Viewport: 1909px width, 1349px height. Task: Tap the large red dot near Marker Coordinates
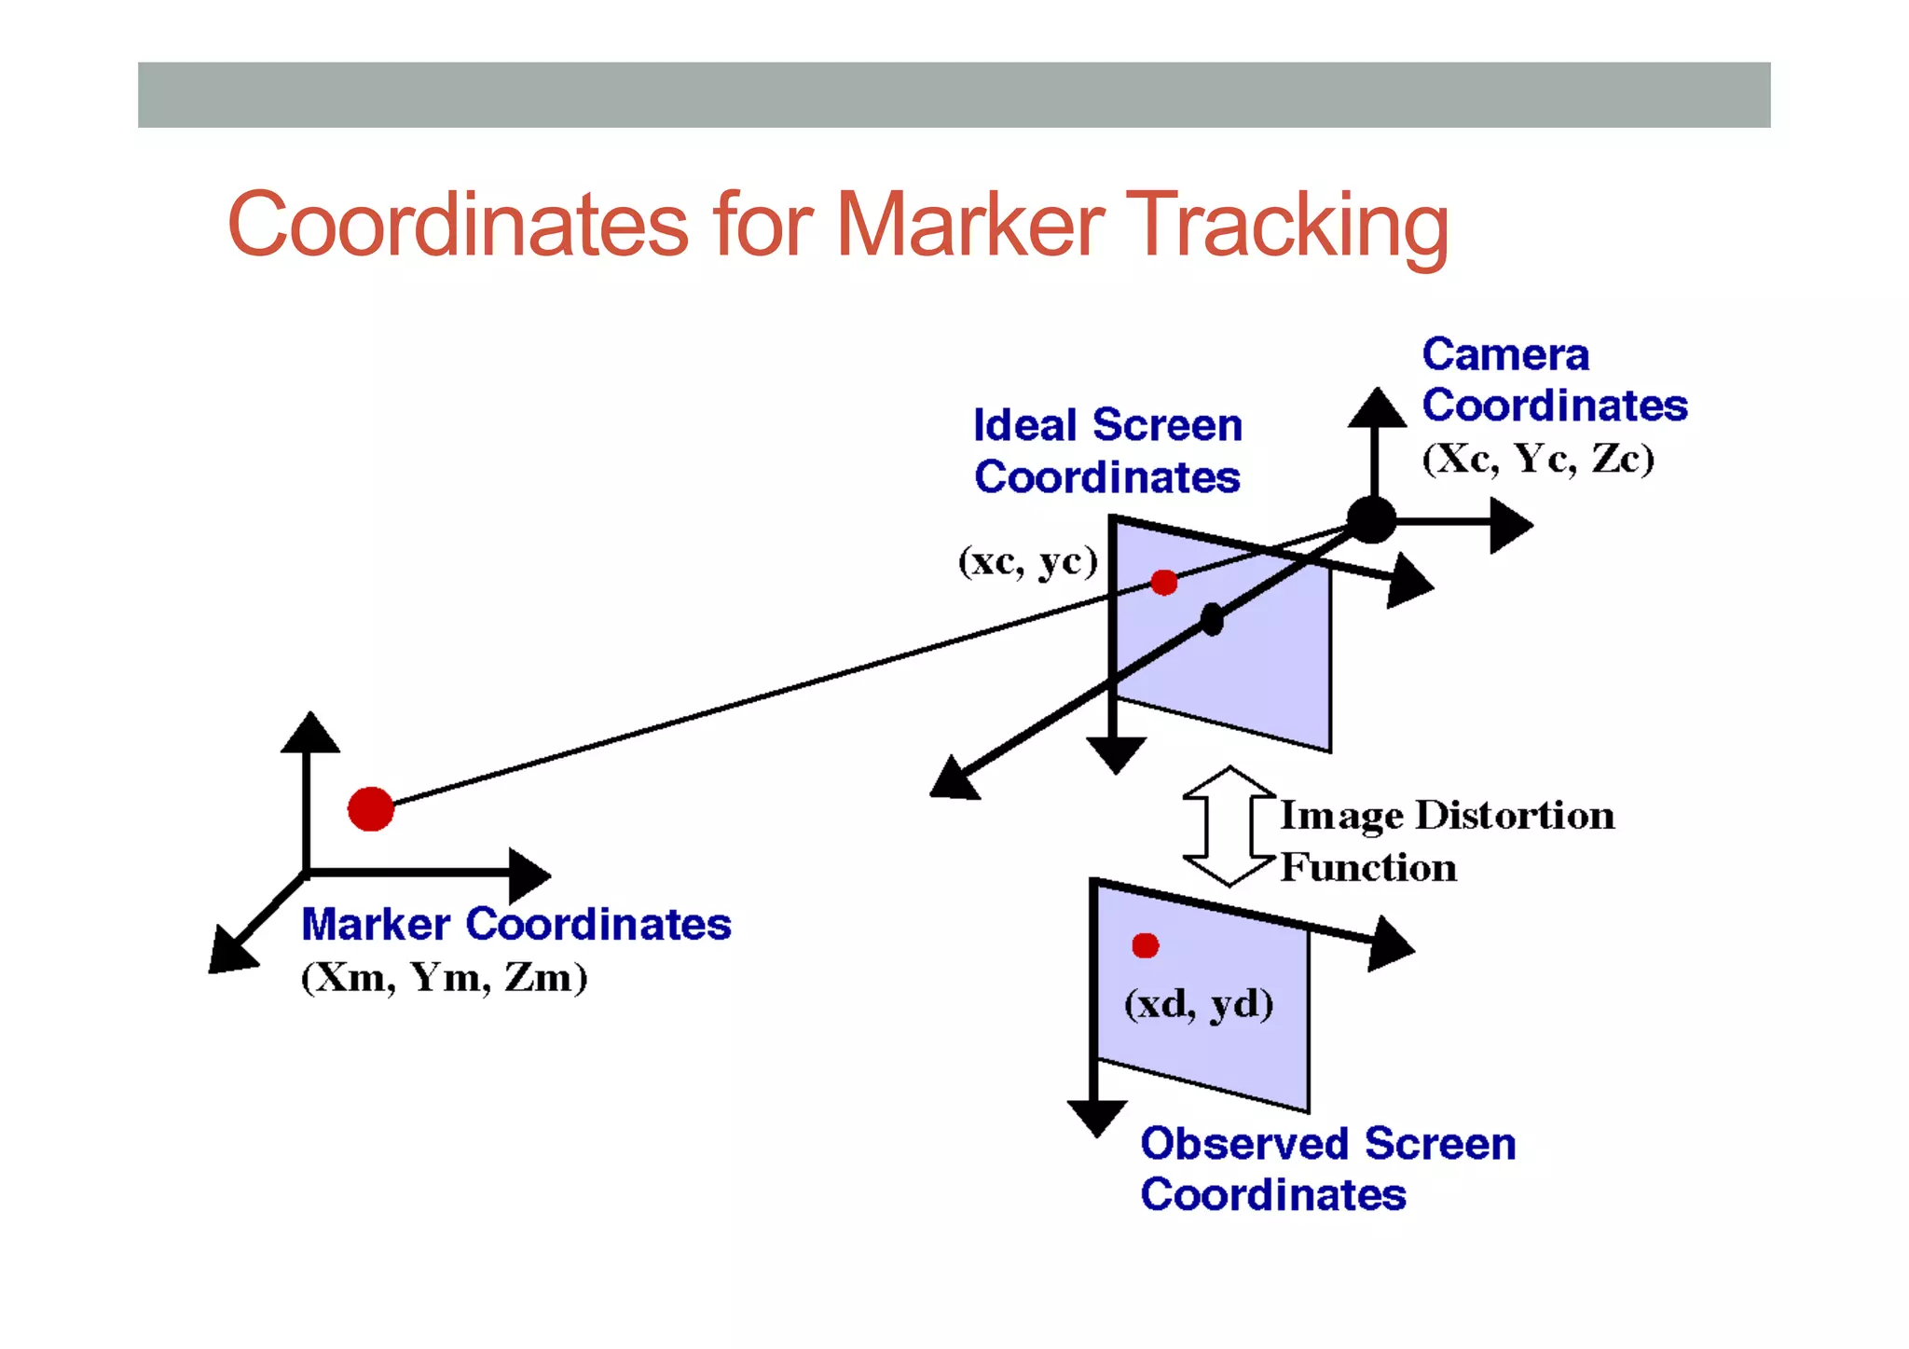pos(371,808)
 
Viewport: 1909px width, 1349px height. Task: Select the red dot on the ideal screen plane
pos(1163,583)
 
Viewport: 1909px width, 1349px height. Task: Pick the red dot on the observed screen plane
pos(1145,945)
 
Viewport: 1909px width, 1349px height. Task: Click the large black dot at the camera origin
pos(1371,519)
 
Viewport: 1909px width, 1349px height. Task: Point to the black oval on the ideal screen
pos(1212,619)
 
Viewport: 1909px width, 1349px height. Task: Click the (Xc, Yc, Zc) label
pos(1538,459)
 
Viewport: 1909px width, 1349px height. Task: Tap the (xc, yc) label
pos(1028,561)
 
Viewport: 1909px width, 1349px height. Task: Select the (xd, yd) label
pos(1199,1004)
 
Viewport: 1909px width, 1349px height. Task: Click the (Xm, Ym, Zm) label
pos(444,978)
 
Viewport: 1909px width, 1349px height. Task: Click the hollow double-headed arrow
pos(1229,826)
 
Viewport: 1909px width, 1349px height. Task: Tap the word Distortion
pos(1515,816)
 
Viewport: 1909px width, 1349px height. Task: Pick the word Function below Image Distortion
pos(1368,868)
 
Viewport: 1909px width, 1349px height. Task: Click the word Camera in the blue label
pos(1505,355)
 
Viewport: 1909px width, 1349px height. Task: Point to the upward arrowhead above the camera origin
pos(1377,408)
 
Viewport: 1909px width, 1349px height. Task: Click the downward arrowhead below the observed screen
pos(1097,1117)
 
